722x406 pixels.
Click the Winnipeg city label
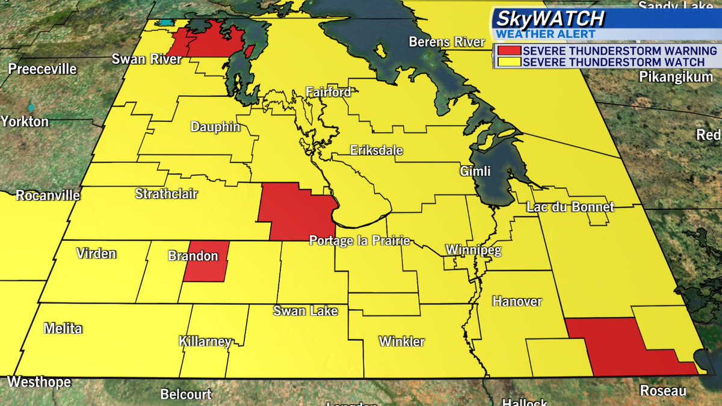tap(474, 250)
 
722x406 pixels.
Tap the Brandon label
tap(193, 256)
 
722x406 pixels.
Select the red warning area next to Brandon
tap(206, 261)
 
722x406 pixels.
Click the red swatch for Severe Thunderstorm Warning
tap(507, 51)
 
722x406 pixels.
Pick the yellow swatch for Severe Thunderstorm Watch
tap(507, 62)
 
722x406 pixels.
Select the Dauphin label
tap(215, 128)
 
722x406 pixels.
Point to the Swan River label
tap(146, 59)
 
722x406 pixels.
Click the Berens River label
tap(446, 42)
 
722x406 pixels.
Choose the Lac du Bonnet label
tap(570, 207)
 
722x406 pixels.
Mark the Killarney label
tap(205, 342)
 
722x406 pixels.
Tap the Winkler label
tap(401, 342)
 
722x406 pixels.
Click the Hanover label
tap(517, 301)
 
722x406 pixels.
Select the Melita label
tap(63, 328)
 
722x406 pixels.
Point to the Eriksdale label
tap(377, 150)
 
